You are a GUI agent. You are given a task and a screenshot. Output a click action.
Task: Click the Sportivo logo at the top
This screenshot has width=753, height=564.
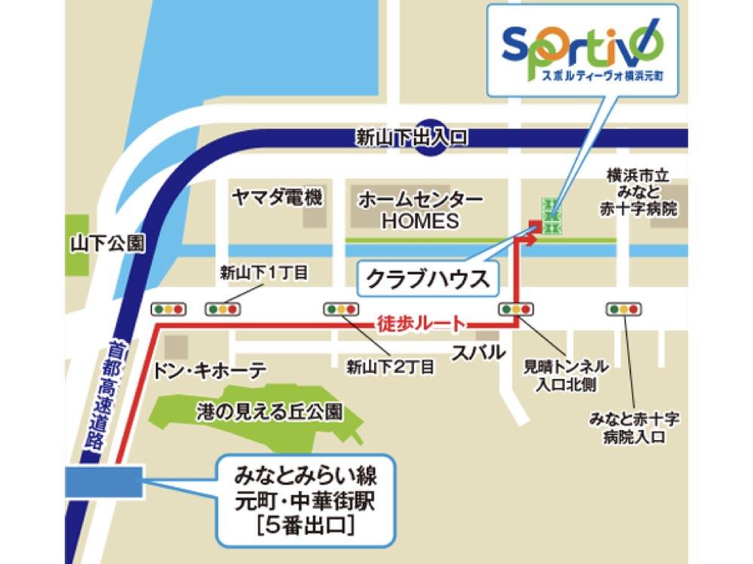(x=583, y=48)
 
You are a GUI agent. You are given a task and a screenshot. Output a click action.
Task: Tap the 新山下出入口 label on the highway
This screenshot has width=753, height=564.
(x=412, y=138)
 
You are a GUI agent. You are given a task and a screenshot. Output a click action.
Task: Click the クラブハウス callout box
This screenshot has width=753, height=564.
(x=427, y=279)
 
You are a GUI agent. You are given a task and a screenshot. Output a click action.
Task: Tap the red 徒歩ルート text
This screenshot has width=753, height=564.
(x=419, y=324)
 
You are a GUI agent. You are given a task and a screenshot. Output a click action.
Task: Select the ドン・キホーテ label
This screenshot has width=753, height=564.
(x=209, y=371)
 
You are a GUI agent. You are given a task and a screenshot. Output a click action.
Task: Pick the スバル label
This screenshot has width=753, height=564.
(x=478, y=353)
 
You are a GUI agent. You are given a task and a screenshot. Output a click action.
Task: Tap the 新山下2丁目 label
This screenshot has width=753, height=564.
(x=390, y=367)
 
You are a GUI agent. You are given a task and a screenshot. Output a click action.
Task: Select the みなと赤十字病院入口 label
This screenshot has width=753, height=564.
(x=634, y=427)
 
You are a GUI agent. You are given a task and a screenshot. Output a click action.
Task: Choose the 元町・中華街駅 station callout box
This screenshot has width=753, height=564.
(x=305, y=500)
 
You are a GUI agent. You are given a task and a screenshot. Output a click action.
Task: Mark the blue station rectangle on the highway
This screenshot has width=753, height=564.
(x=104, y=482)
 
